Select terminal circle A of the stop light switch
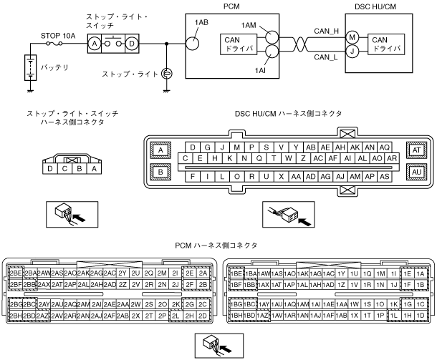[93, 43]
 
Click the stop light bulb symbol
[166, 73]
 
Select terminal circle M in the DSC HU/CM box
[352, 36]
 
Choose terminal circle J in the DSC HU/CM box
[352, 50]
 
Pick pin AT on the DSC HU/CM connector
[416, 150]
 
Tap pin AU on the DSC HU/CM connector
[416, 171]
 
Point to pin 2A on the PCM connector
[203, 273]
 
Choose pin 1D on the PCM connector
[420, 315]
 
